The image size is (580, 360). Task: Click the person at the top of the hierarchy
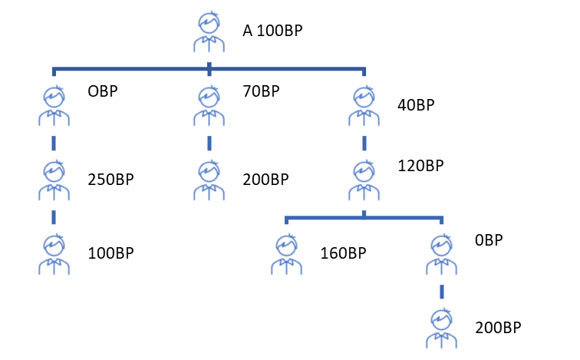[x=209, y=32]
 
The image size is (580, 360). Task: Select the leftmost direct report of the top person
[x=54, y=106]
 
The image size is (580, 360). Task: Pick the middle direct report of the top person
[x=209, y=106]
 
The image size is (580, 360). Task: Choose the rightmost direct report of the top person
[x=364, y=106]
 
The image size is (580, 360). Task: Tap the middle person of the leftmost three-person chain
[x=54, y=180]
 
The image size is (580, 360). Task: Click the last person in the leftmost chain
[x=54, y=254]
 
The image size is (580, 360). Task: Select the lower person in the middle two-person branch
[x=209, y=180]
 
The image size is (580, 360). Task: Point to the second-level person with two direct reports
[x=364, y=180]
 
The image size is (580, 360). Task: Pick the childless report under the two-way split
[x=286, y=254]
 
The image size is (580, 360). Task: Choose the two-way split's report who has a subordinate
[x=441, y=254]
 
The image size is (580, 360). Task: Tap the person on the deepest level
[x=441, y=328]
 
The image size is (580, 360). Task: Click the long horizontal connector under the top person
[x=130, y=70]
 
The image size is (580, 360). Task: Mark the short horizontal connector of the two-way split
[x=322, y=218]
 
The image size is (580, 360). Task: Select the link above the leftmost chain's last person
[x=54, y=217]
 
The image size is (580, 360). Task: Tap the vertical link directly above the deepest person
[x=441, y=292]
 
